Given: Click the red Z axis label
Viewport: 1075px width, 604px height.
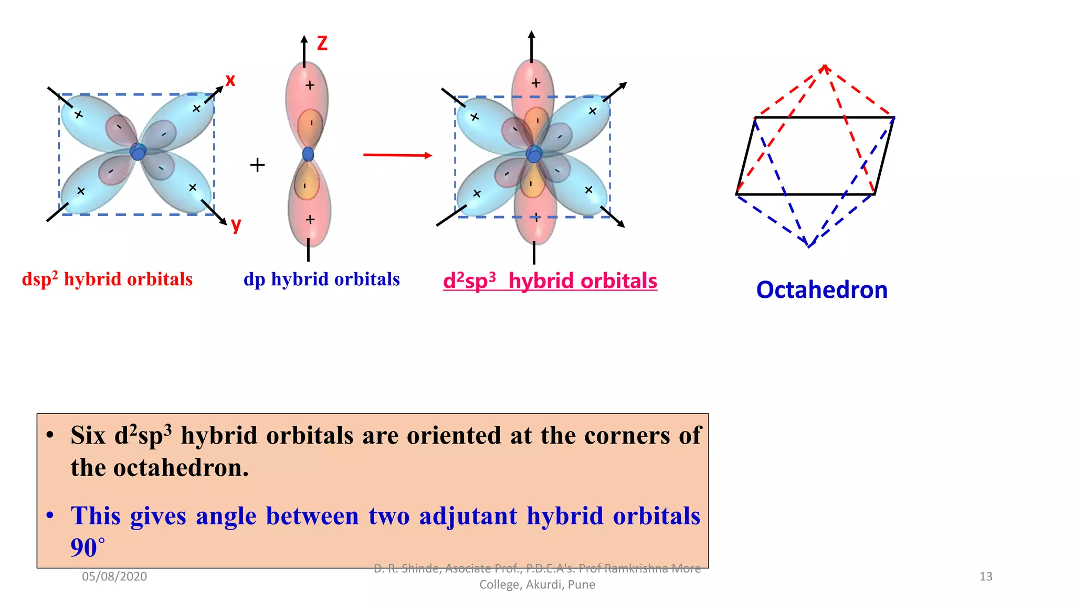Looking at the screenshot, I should coord(322,43).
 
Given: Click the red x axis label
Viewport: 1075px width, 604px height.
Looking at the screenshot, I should coord(230,80).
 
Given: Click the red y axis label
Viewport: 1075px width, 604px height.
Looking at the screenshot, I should coord(236,224).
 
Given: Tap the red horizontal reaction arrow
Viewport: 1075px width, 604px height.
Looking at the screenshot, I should coord(397,155).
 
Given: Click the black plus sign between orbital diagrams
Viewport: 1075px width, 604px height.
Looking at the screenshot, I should coord(257,165).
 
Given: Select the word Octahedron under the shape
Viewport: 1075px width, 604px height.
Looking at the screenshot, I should coord(821,290).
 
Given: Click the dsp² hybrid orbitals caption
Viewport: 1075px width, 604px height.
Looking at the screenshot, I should coord(107,279).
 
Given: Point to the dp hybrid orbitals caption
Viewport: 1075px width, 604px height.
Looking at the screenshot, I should coord(321,279).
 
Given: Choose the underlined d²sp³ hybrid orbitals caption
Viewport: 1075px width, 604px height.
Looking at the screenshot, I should coord(550,281).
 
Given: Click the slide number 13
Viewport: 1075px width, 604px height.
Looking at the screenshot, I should coord(986,577).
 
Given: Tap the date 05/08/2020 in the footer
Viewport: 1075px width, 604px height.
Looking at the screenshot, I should coord(114,577).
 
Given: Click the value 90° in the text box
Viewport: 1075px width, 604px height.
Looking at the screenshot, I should coord(87,548).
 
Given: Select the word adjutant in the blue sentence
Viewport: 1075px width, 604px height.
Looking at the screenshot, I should coord(468,516).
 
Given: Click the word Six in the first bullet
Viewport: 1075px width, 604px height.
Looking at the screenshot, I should coord(88,435).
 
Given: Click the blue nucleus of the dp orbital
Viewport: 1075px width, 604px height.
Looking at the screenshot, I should coord(308,154).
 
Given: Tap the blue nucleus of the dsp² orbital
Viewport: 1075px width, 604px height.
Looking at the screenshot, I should coord(138,152).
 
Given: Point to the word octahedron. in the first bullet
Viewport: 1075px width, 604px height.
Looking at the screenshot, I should coord(181,468).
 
